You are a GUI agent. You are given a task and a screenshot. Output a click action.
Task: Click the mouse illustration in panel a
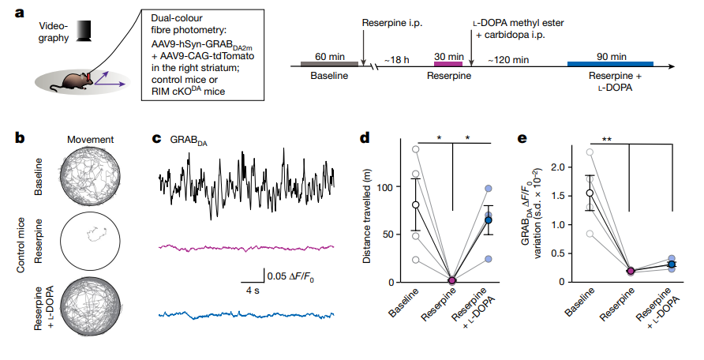click(x=73, y=81)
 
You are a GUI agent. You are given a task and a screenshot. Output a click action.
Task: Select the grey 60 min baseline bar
click(x=329, y=64)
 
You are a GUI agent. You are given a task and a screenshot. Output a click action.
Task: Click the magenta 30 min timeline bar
click(x=448, y=64)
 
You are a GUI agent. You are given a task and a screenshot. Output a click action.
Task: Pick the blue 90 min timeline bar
click(x=610, y=64)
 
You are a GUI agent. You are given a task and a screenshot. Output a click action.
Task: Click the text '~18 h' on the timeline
click(x=396, y=60)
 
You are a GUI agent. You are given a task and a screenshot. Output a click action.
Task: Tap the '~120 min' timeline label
click(x=508, y=60)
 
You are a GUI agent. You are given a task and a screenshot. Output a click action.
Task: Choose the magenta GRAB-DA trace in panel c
click(x=246, y=247)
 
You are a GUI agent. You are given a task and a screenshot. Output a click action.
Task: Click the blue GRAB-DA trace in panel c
click(x=246, y=315)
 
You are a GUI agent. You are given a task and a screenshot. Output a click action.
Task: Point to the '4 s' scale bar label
click(x=253, y=291)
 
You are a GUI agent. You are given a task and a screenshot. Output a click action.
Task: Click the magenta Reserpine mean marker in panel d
click(x=452, y=280)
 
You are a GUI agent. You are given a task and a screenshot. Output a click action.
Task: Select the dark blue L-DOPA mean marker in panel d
click(x=488, y=220)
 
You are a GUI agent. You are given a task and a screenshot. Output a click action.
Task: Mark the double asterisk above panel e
click(x=607, y=140)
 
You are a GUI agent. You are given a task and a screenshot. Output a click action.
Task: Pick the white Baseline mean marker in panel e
click(x=590, y=193)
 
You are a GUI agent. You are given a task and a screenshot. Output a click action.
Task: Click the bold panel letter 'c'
click(x=156, y=138)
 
